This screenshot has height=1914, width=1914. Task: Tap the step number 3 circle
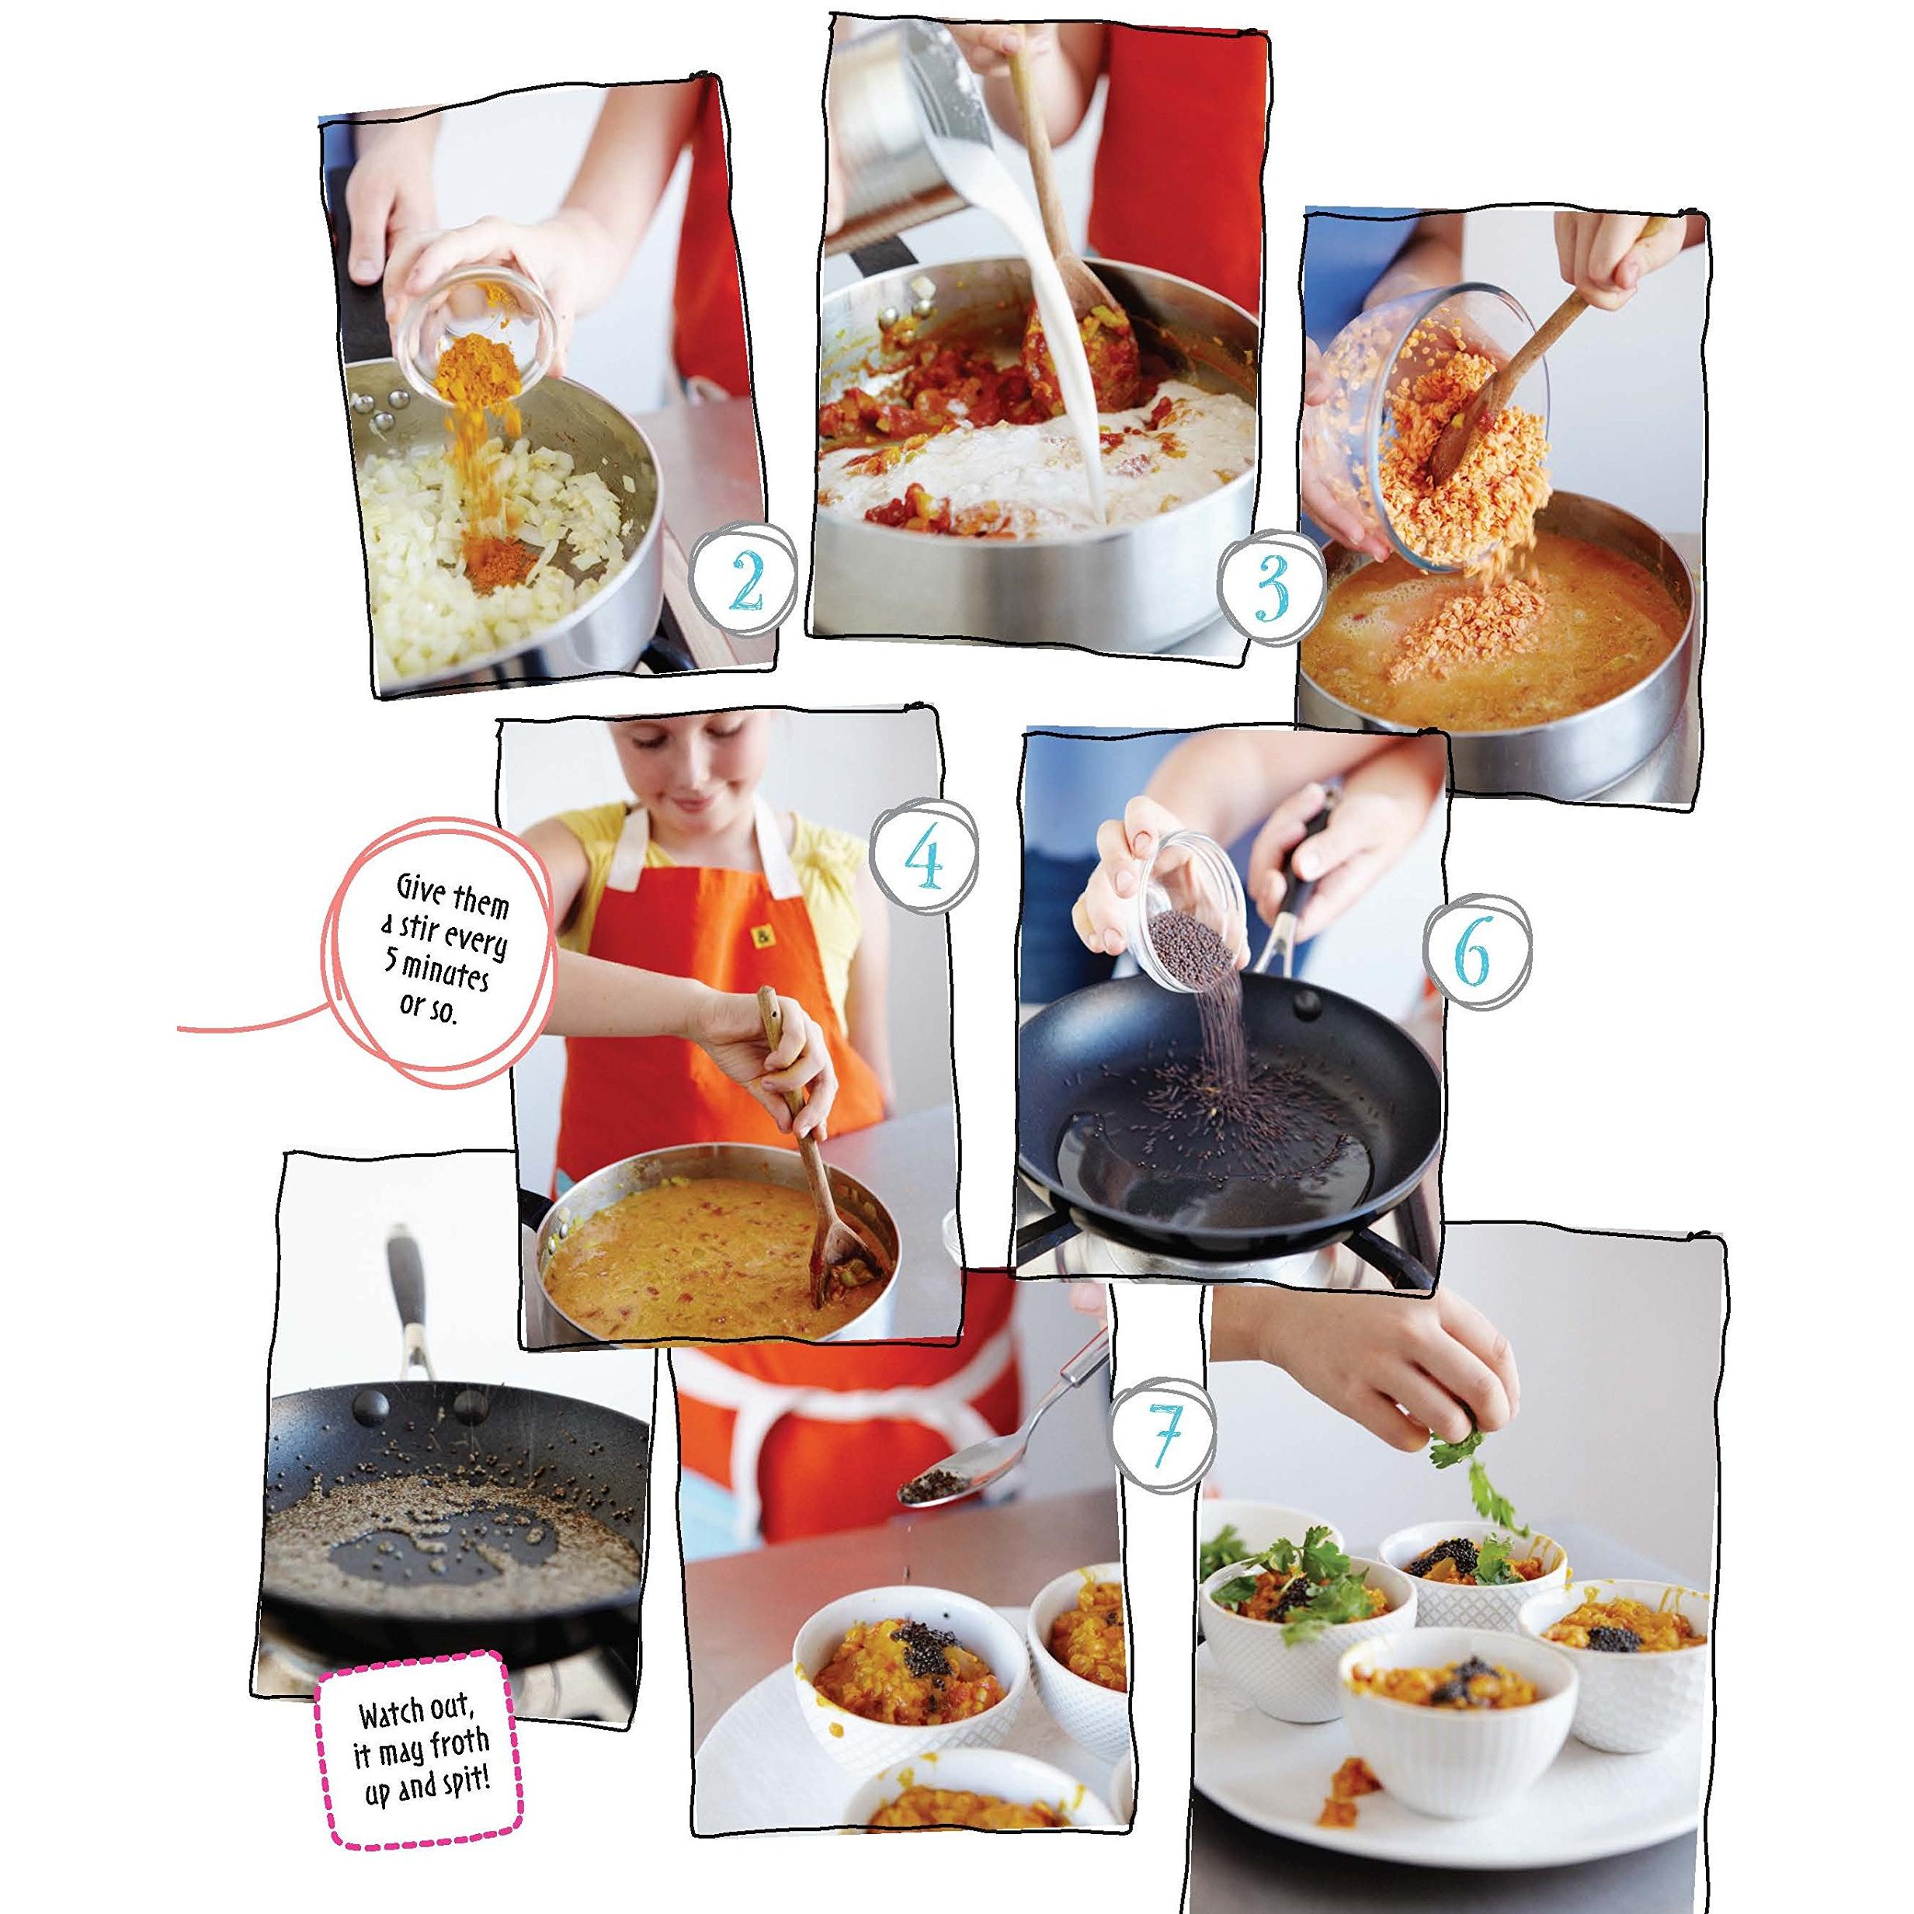pyautogui.click(x=1271, y=589)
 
